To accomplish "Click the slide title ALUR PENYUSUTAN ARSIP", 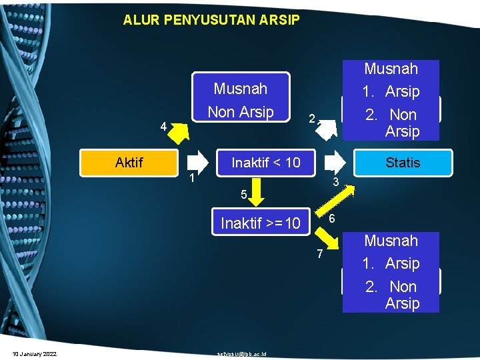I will click(211, 20).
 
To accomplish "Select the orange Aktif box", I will click(129, 162).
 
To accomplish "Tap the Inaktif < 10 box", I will click(265, 162).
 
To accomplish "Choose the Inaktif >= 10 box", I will click(261, 223).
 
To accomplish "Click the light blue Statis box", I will click(403, 162).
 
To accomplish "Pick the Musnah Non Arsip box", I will click(240, 100).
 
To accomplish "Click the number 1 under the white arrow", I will click(191, 178).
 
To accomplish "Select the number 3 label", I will click(337, 182).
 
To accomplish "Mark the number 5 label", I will click(245, 195).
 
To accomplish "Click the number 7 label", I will click(320, 253).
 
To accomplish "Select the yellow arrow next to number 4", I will click(179, 133).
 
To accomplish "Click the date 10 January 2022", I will click(34, 353).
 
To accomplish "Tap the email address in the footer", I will click(241, 353).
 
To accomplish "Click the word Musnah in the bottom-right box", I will click(391, 241).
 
